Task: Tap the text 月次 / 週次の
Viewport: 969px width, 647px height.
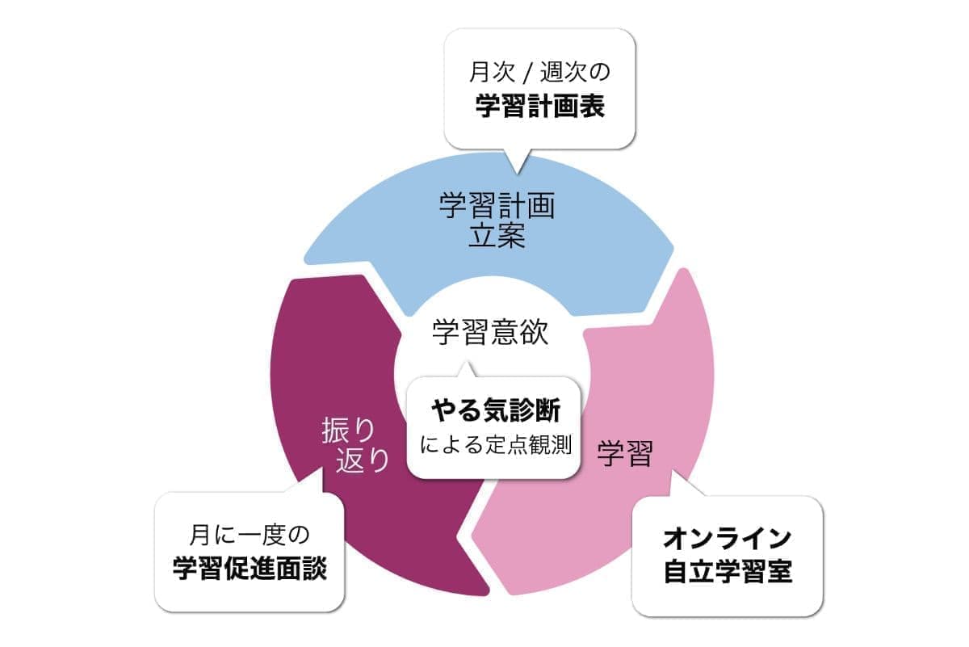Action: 539,74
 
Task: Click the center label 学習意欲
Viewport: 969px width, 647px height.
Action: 490,332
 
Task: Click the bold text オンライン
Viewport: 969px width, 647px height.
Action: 726,537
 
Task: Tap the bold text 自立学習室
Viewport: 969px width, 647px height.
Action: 727,572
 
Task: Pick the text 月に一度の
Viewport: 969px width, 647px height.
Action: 250,534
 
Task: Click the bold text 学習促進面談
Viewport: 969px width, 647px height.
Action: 250,569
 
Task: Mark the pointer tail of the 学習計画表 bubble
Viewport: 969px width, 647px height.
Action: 517,162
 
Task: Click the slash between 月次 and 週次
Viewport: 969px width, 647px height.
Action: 526,74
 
